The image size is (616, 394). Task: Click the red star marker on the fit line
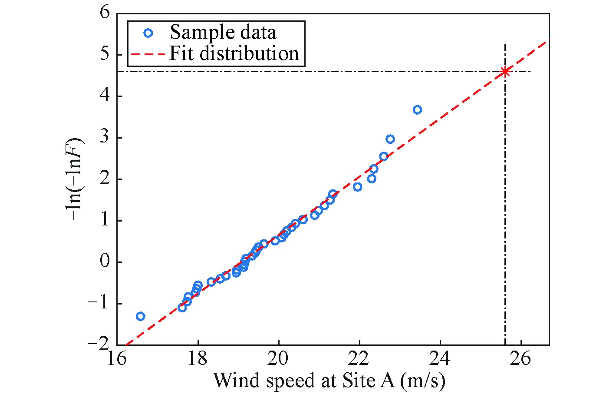505,72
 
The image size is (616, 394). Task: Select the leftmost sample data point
140,316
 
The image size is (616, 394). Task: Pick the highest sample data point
417,110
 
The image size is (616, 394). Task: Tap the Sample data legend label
223,33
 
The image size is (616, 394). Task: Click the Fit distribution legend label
234,53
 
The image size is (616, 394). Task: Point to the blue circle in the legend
148,33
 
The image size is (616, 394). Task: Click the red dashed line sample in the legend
148,54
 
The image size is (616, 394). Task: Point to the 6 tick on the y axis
105,13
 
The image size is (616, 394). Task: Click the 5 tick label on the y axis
105,54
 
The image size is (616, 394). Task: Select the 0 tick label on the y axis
105,262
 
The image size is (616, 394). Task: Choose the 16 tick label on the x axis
117,360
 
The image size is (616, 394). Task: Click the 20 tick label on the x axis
279,360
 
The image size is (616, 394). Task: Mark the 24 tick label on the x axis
440,360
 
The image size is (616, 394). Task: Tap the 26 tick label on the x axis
521,360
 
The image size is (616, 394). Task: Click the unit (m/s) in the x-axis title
423,381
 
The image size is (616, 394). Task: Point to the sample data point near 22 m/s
357,187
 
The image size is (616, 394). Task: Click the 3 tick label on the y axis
105,138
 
